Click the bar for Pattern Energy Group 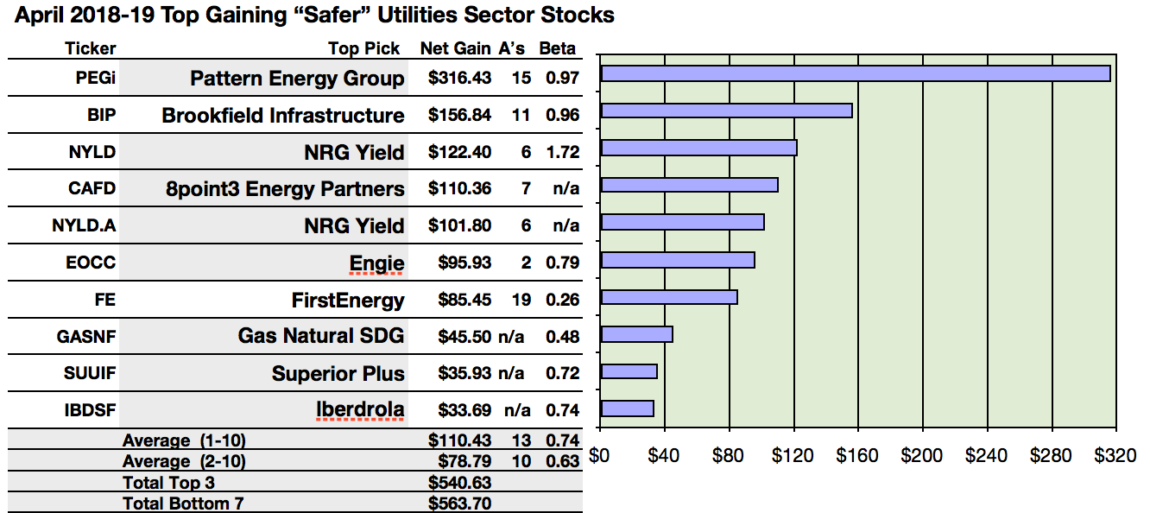pyautogui.click(x=855, y=73)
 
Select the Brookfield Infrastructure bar pyautogui.click(x=726, y=111)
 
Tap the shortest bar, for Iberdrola pyautogui.click(x=627, y=408)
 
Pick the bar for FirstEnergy pyautogui.click(x=669, y=297)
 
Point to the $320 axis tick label pyautogui.click(x=1115, y=455)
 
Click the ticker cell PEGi pyautogui.click(x=95, y=79)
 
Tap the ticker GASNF pyautogui.click(x=85, y=338)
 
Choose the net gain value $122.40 pyautogui.click(x=459, y=153)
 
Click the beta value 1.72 pyautogui.click(x=561, y=153)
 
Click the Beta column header pyautogui.click(x=557, y=48)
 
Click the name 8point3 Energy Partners pyautogui.click(x=285, y=189)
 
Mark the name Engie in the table pyautogui.click(x=376, y=263)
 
